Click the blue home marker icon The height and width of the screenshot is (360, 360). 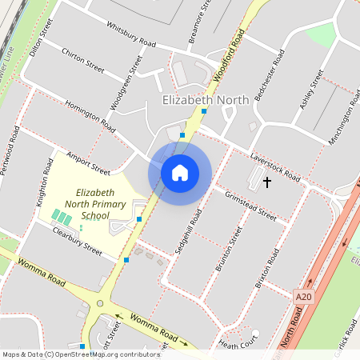tap(180, 172)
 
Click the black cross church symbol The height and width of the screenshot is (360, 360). tap(267, 182)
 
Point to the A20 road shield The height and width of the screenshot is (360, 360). tap(302, 296)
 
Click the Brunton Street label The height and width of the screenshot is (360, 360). tap(228, 250)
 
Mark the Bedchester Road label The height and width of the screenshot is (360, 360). tap(269, 74)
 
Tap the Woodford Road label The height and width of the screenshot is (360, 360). tap(229, 54)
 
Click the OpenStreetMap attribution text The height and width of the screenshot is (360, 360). tap(81, 354)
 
